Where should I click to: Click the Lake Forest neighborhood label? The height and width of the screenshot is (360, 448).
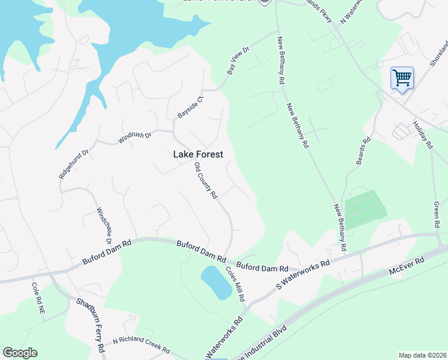click(198, 154)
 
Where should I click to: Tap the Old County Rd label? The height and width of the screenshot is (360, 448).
click(205, 181)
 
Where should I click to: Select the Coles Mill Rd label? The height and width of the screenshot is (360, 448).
click(235, 284)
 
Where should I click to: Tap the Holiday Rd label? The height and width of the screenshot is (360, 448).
click(422, 135)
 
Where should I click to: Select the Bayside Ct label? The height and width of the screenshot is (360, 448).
click(191, 106)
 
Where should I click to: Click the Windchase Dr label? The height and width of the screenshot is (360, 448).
click(104, 226)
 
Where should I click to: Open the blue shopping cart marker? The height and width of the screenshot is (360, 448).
click(402, 78)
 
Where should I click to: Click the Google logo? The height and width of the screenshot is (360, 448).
click(20, 353)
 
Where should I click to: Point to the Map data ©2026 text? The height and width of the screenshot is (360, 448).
click(422, 355)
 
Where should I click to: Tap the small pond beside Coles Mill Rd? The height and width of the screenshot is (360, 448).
click(216, 283)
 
